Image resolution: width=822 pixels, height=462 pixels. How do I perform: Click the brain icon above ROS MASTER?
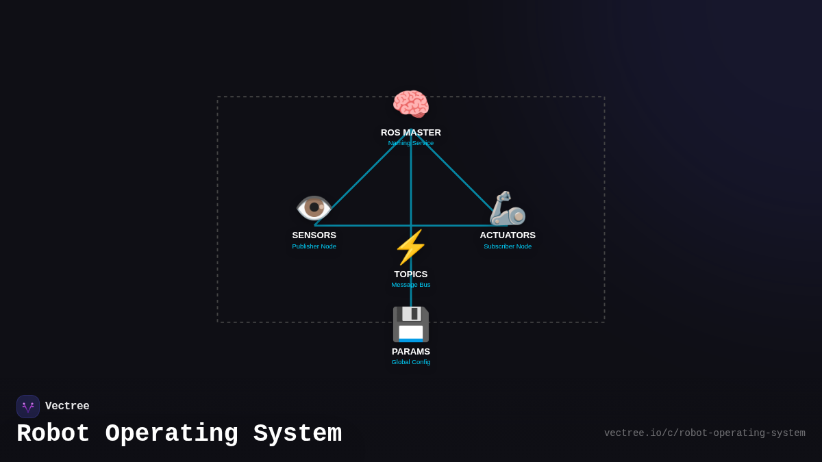(411, 105)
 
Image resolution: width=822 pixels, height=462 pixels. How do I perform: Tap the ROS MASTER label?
(411, 133)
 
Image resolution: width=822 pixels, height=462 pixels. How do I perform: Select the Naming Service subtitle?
(411, 143)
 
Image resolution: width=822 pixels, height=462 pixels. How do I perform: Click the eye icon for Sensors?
(314, 207)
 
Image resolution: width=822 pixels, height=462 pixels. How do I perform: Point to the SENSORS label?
(314, 235)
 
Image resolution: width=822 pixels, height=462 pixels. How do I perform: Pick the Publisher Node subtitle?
(314, 246)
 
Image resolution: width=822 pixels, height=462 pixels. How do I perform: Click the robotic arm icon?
(507, 208)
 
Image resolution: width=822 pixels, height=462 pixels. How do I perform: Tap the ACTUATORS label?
(508, 235)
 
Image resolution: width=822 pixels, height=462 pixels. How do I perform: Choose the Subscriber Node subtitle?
(508, 246)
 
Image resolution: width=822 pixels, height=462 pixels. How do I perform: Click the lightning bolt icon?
(411, 247)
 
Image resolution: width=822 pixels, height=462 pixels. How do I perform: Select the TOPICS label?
(411, 274)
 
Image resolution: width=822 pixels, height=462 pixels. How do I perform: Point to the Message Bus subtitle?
(411, 285)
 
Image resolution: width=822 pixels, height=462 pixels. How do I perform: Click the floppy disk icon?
(411, 324)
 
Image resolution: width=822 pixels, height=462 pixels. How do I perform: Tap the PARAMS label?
(411, 352)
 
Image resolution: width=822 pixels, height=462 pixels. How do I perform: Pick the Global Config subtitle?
(411, 362)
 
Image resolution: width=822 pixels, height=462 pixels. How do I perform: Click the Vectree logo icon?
(28, 407)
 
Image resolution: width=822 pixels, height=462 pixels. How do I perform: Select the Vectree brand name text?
(67, 407)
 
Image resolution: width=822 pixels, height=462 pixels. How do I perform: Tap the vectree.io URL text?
(704, 433)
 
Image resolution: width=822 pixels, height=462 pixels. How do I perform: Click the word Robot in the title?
(53, 434)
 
